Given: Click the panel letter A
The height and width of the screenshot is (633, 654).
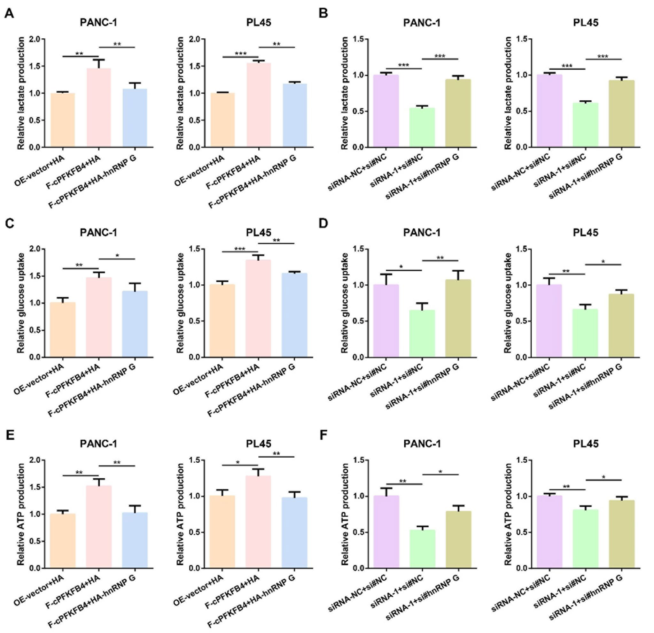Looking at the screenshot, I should click(x=9, y=14).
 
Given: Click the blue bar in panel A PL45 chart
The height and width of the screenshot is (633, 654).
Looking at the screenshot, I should click(x=295, y=115).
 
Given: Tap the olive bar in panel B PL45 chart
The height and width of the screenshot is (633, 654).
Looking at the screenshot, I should click(x=621, y=113).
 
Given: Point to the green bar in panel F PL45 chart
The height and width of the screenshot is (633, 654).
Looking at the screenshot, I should click(x=585, y=538).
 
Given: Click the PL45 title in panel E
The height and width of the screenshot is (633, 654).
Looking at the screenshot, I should click(x=259, y=444).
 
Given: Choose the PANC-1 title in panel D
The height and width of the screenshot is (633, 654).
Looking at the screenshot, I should click(x=422, y=232).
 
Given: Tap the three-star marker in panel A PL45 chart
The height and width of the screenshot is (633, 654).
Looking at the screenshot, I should click(x=241, y=54).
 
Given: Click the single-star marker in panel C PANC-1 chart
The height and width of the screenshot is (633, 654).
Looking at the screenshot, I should click(x=117, y=256).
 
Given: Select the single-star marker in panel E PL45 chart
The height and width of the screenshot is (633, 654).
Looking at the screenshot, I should click(x=237, y=463).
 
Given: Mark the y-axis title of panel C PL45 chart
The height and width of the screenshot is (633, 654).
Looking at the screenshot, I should click(x=180, y=303).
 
